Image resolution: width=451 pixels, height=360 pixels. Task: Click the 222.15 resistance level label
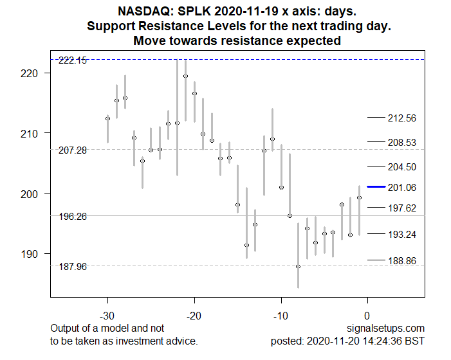point(72,60)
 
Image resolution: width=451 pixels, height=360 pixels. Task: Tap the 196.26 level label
point(72,217)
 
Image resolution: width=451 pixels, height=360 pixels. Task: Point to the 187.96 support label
point(72,266)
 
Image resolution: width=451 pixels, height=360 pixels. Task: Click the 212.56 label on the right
point(402,118)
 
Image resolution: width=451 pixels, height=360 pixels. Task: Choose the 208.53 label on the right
point(402,142)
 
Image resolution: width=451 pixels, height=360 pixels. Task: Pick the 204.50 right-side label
point(402,166)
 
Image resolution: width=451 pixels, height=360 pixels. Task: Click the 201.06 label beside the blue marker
point(402,187)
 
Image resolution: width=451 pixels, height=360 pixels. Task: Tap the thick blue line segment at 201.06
point(376,187)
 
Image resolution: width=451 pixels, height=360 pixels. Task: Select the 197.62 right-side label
point(402,208)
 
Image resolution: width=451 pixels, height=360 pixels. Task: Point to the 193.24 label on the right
point(402,234)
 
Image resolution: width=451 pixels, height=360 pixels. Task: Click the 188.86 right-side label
point(402,260)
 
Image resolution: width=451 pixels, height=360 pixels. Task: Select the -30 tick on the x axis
point(107,316)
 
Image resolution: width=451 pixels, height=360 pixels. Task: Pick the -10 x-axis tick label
point(281,316)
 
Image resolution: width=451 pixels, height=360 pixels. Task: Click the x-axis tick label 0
point(367,316)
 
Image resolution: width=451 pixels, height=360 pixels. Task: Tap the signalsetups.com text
point(391,328)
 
